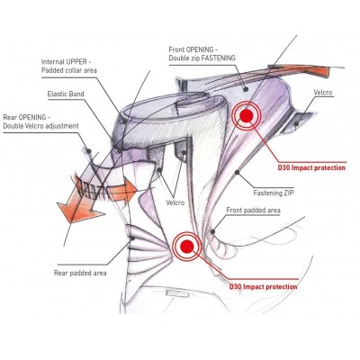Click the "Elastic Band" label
(66, 94)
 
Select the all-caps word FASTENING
(219, 58)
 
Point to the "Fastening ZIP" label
(274, 193)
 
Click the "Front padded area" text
(253, 210)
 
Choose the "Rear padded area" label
(80, 273)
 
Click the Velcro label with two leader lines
(175, 202)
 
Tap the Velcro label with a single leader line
(323, 92)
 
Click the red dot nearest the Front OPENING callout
(247, 116)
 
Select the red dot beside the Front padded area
(187, 247)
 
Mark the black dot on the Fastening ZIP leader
(238, 172)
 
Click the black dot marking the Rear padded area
(132, 238)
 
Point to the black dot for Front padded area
(212, 231)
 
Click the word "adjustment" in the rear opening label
(61, 126)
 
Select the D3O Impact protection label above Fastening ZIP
(311, 167)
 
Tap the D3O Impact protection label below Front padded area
(264, 287)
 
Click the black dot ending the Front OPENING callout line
(246, 89)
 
